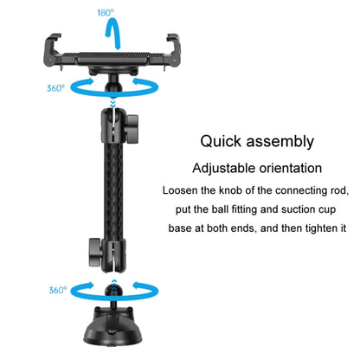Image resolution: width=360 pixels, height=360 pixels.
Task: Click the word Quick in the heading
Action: [223, 141]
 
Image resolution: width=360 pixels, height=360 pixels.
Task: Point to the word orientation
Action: [296, 168]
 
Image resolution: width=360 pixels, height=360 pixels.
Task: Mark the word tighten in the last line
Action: [316, 228]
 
